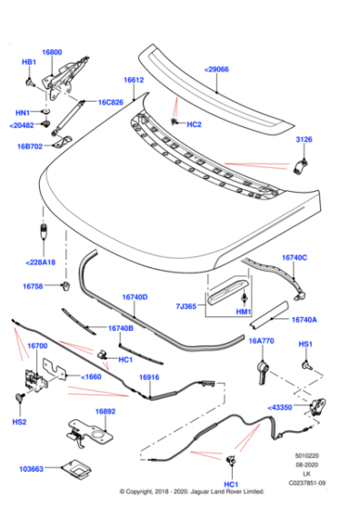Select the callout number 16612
point(134,80)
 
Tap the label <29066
point(216,68)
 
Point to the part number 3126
point(304,139)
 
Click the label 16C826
point(111,103)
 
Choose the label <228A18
point(40,262)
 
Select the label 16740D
point(135,296)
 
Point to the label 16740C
point(294,258)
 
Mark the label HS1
point(305,344)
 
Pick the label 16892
point(105,411)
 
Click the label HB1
point(28,62)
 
